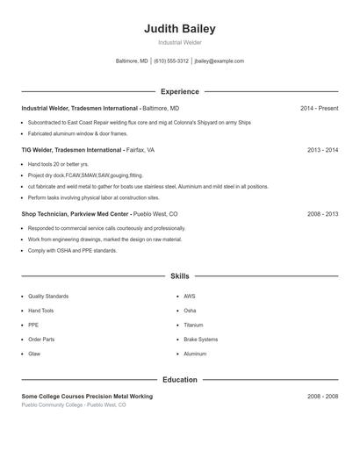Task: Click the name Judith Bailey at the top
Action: tap(179, 29)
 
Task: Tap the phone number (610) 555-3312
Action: tap(171, 61)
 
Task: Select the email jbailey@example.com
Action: tap(219, 61)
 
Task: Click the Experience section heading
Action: tap(179, 91)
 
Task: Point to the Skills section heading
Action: tap(179, 275)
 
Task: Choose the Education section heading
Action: tap(179, 380)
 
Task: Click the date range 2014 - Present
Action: tap(319, 108)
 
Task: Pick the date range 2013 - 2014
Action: tap(322, 150)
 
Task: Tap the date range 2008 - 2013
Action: tap(322, 213)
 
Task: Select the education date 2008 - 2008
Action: tap(322, 397)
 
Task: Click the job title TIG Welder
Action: tap(40, 150)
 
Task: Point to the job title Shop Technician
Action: tap(48, 213)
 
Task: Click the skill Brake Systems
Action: tap(200, 339)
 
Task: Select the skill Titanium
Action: tap(193, 325)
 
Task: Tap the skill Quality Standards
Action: tap(47, 297)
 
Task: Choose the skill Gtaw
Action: tap(34, 354)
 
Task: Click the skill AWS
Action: tap(189, 297)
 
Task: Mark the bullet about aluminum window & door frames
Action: tap(77, 133)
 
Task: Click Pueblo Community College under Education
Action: tap(52, 405)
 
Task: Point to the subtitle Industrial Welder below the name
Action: tap(179, 42)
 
